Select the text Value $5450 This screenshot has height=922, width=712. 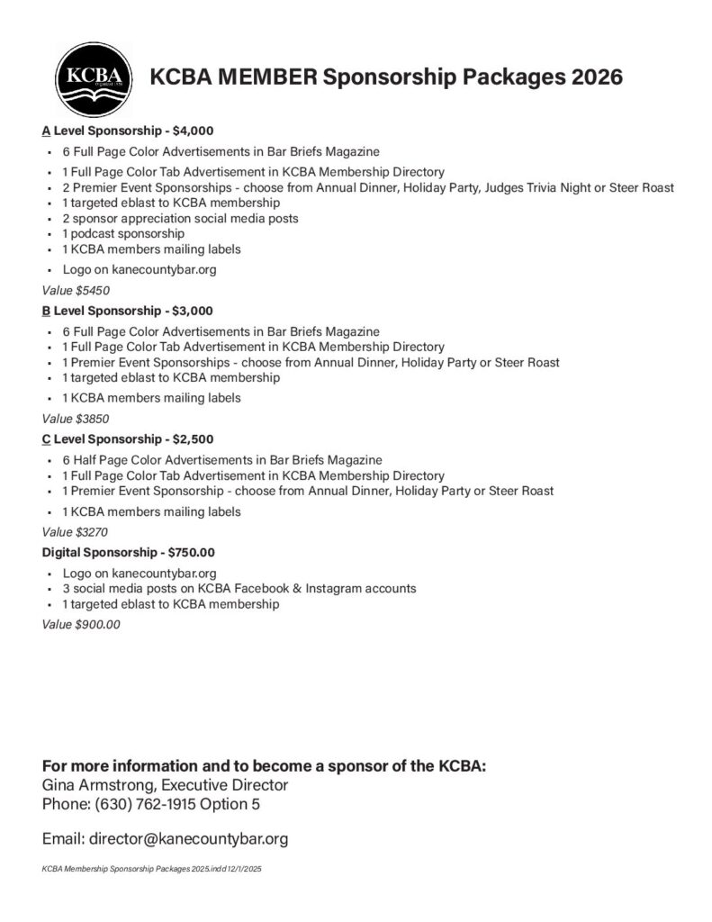point(76,291)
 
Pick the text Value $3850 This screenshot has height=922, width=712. point(76,419)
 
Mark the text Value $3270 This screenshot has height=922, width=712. point(76,532)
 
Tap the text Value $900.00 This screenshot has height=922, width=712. point(81,624)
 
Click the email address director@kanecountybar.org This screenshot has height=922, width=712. point(188,839)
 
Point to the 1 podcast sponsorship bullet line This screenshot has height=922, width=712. point(123,233)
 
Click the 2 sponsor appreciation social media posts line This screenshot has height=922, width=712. point(180,218)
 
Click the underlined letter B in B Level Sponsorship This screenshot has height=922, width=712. point(46,311)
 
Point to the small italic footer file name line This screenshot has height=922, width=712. point(151,871)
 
